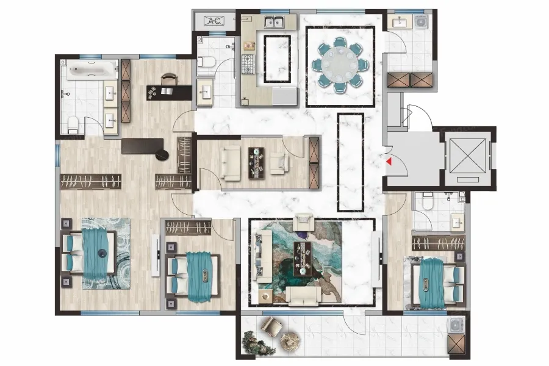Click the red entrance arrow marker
(x=389, y=162)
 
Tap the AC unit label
(x=214, y=21)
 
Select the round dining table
(x=340, y=65)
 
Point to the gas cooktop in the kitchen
(x=248, y=65)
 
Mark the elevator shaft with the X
(x=468, y=156)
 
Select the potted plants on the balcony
(x=258, y=343)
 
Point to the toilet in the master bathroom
(x=73, y=124)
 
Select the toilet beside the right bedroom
(x=426, y=201)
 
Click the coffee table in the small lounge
(x=257, y=163)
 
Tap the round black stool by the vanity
(x=162, y=155)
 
